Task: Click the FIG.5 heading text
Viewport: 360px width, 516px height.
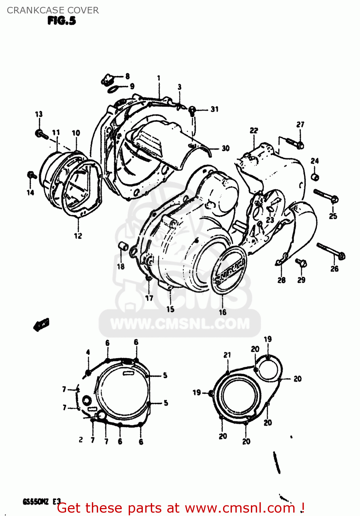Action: (x=62, y=21)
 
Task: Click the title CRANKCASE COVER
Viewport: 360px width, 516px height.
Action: (x=53, y=10)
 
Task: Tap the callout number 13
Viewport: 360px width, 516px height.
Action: (x=39, y=114)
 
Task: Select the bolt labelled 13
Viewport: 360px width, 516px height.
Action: (x=41, y=134)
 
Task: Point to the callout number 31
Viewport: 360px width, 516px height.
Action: (x=214, y=109)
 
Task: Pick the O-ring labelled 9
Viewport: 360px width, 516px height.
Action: (x=113, y=89)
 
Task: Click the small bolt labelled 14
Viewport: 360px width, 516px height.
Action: (x=31, y=175)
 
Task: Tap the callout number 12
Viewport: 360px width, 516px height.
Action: (x=78, y=236)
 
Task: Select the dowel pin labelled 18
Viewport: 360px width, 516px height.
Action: (x=123, y=246)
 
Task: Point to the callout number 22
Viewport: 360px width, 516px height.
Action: (x=254, y=130)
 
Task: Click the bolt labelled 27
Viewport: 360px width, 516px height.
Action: (x=294, y=142)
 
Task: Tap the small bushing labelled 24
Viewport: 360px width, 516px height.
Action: (x=315, y=177)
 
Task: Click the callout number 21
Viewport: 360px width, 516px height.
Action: (x=227, y=355)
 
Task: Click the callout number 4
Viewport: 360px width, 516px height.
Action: (x=88, y=352)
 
